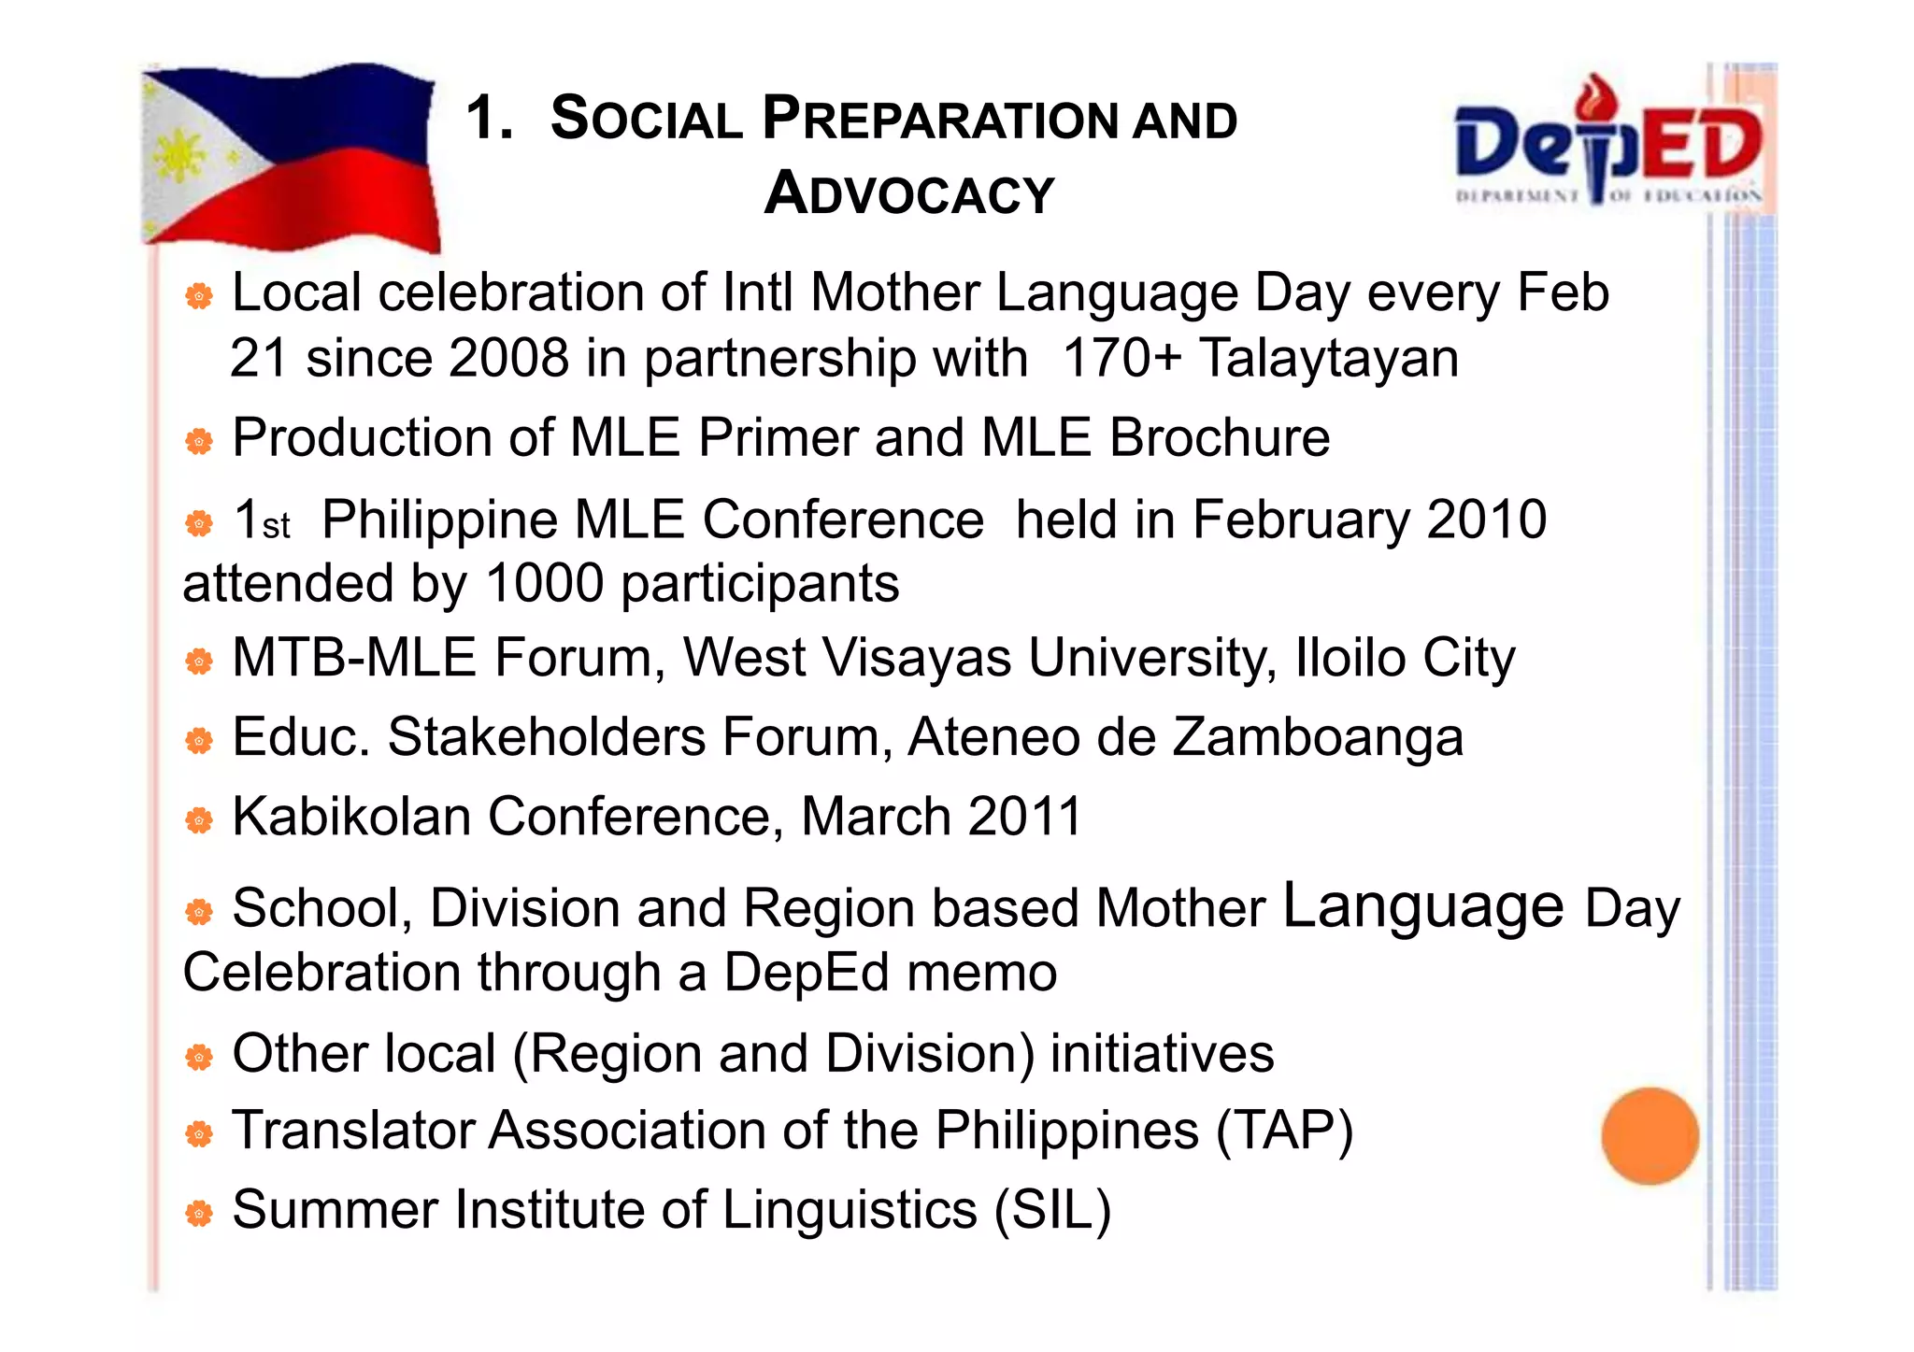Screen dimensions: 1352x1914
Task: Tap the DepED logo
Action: click(x=1607, y=145)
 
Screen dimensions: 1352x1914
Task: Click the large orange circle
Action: click(x=1650, y=1135)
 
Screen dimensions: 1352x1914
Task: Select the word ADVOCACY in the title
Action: click(x=908, y=193)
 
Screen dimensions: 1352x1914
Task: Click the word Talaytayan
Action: click(x=1328, y=358)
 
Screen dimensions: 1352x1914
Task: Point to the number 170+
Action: click(x=1121, y=358)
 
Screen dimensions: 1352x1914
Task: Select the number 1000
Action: click(x=545, y=584)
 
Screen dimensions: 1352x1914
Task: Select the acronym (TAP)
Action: click(x=1284, y=1131)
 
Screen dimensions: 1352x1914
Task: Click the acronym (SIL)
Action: click(x=1052, y=1210)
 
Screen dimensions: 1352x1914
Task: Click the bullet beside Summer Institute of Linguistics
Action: click(x=199, y=1215)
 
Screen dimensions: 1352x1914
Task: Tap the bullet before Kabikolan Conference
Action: click(x=199, y=821)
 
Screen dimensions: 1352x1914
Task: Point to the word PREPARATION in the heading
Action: click(x=939, y=120)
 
